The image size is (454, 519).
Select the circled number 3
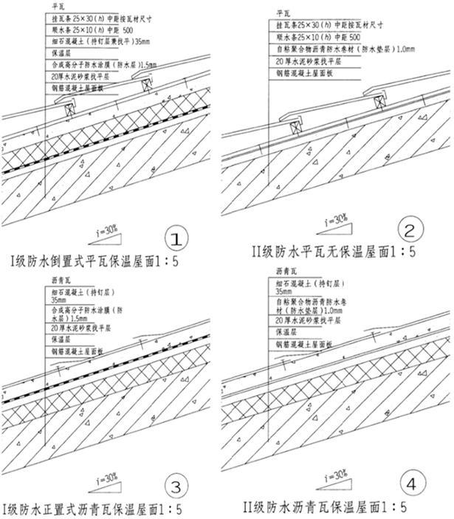(175, 486)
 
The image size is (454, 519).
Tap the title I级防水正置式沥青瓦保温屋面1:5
(92, 509)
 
